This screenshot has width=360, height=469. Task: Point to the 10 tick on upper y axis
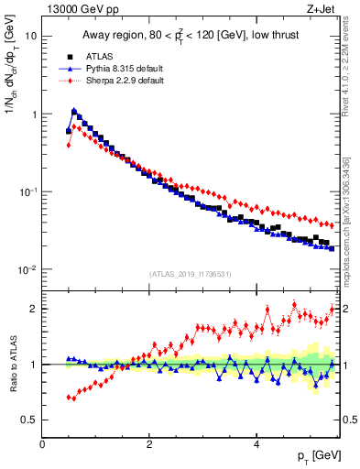pyautogui.click(x=30, y=37)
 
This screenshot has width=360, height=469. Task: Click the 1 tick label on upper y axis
pyautogui.click(x=34, y=115)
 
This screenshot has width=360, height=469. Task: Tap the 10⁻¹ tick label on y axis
pyautogui.click(x=28, y=191)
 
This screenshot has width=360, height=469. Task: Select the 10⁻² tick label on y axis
pyautogui.click(x=28, y=269)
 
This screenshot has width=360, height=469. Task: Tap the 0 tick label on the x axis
pyautogui.click(x=42, y=444)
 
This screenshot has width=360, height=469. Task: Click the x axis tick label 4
pyautogui.click(x=256, y=444)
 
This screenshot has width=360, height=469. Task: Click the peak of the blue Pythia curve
pyautogui.click(x=74, y=111)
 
